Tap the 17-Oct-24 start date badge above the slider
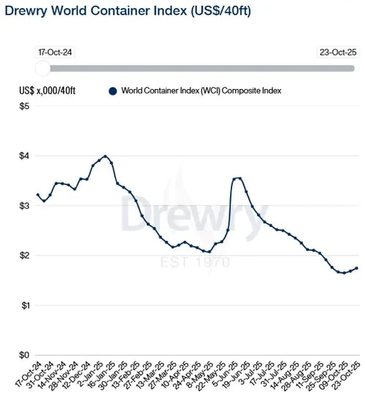(x=52, y=53)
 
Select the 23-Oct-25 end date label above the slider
(x=338, y=53)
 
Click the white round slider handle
(x=42, y=68)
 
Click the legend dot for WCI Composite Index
(x=112, y=91)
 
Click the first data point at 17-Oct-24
(x=38, y=195)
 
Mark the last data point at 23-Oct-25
(x=356, y=268)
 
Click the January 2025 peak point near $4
(x=106, y=156)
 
